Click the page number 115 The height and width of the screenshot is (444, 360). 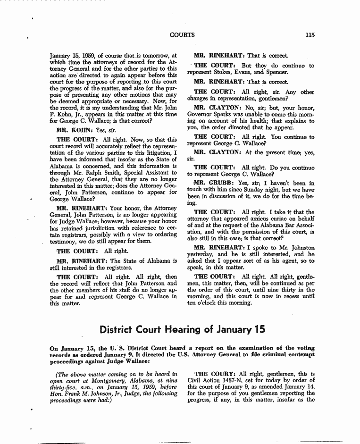[x=310, y=34]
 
